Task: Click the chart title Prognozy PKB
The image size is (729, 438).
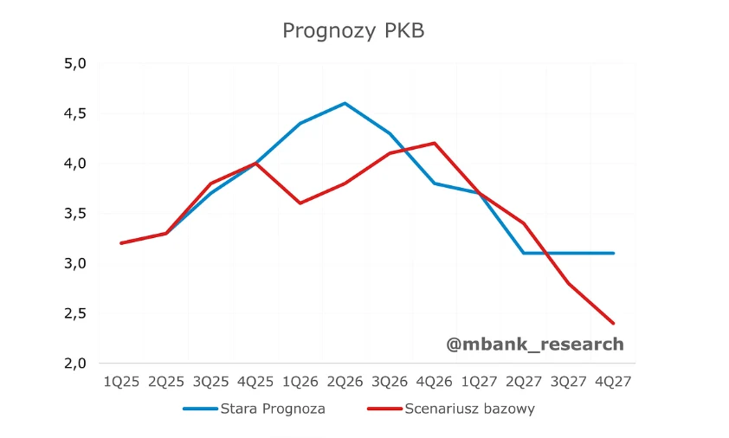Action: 353,31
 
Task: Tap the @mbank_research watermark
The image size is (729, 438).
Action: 534,345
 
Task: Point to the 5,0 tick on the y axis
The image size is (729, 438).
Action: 76,64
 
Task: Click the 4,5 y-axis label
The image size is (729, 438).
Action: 76,113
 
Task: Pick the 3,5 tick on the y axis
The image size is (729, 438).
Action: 76,214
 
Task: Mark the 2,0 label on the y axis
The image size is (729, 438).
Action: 76,364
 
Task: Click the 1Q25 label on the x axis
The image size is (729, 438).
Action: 121,381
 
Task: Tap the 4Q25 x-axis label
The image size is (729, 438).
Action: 255,381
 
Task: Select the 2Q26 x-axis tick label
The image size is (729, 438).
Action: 345,381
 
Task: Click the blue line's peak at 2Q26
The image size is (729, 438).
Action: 345,103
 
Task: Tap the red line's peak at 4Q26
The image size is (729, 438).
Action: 435,143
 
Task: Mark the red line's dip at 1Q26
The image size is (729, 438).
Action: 300,203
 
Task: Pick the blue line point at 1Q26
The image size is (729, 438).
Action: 300,123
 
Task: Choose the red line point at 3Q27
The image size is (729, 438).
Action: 569,283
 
